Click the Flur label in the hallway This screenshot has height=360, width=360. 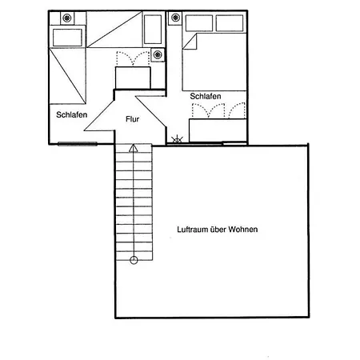132,119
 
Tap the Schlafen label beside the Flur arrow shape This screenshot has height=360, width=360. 71,114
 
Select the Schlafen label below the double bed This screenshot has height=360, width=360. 206,96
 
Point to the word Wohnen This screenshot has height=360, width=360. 243,230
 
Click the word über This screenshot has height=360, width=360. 218,230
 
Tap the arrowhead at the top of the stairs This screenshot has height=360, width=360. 134,148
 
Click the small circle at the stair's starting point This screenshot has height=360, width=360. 134,260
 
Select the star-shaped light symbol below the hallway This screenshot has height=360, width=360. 177,139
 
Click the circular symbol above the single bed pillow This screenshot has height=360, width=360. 66,18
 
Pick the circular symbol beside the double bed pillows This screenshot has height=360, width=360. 175,18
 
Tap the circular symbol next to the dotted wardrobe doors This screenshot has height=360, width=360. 158,55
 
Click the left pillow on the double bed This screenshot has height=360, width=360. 199,23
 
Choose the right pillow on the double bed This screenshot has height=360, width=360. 230,23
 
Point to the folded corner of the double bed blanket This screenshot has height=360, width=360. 190,42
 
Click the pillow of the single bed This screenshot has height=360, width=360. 67,38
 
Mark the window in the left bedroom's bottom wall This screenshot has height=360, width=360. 78,144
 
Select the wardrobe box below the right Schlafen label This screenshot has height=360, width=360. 218,130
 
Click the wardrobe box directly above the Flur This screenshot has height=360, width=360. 133,78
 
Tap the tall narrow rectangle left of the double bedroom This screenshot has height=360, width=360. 153,29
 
